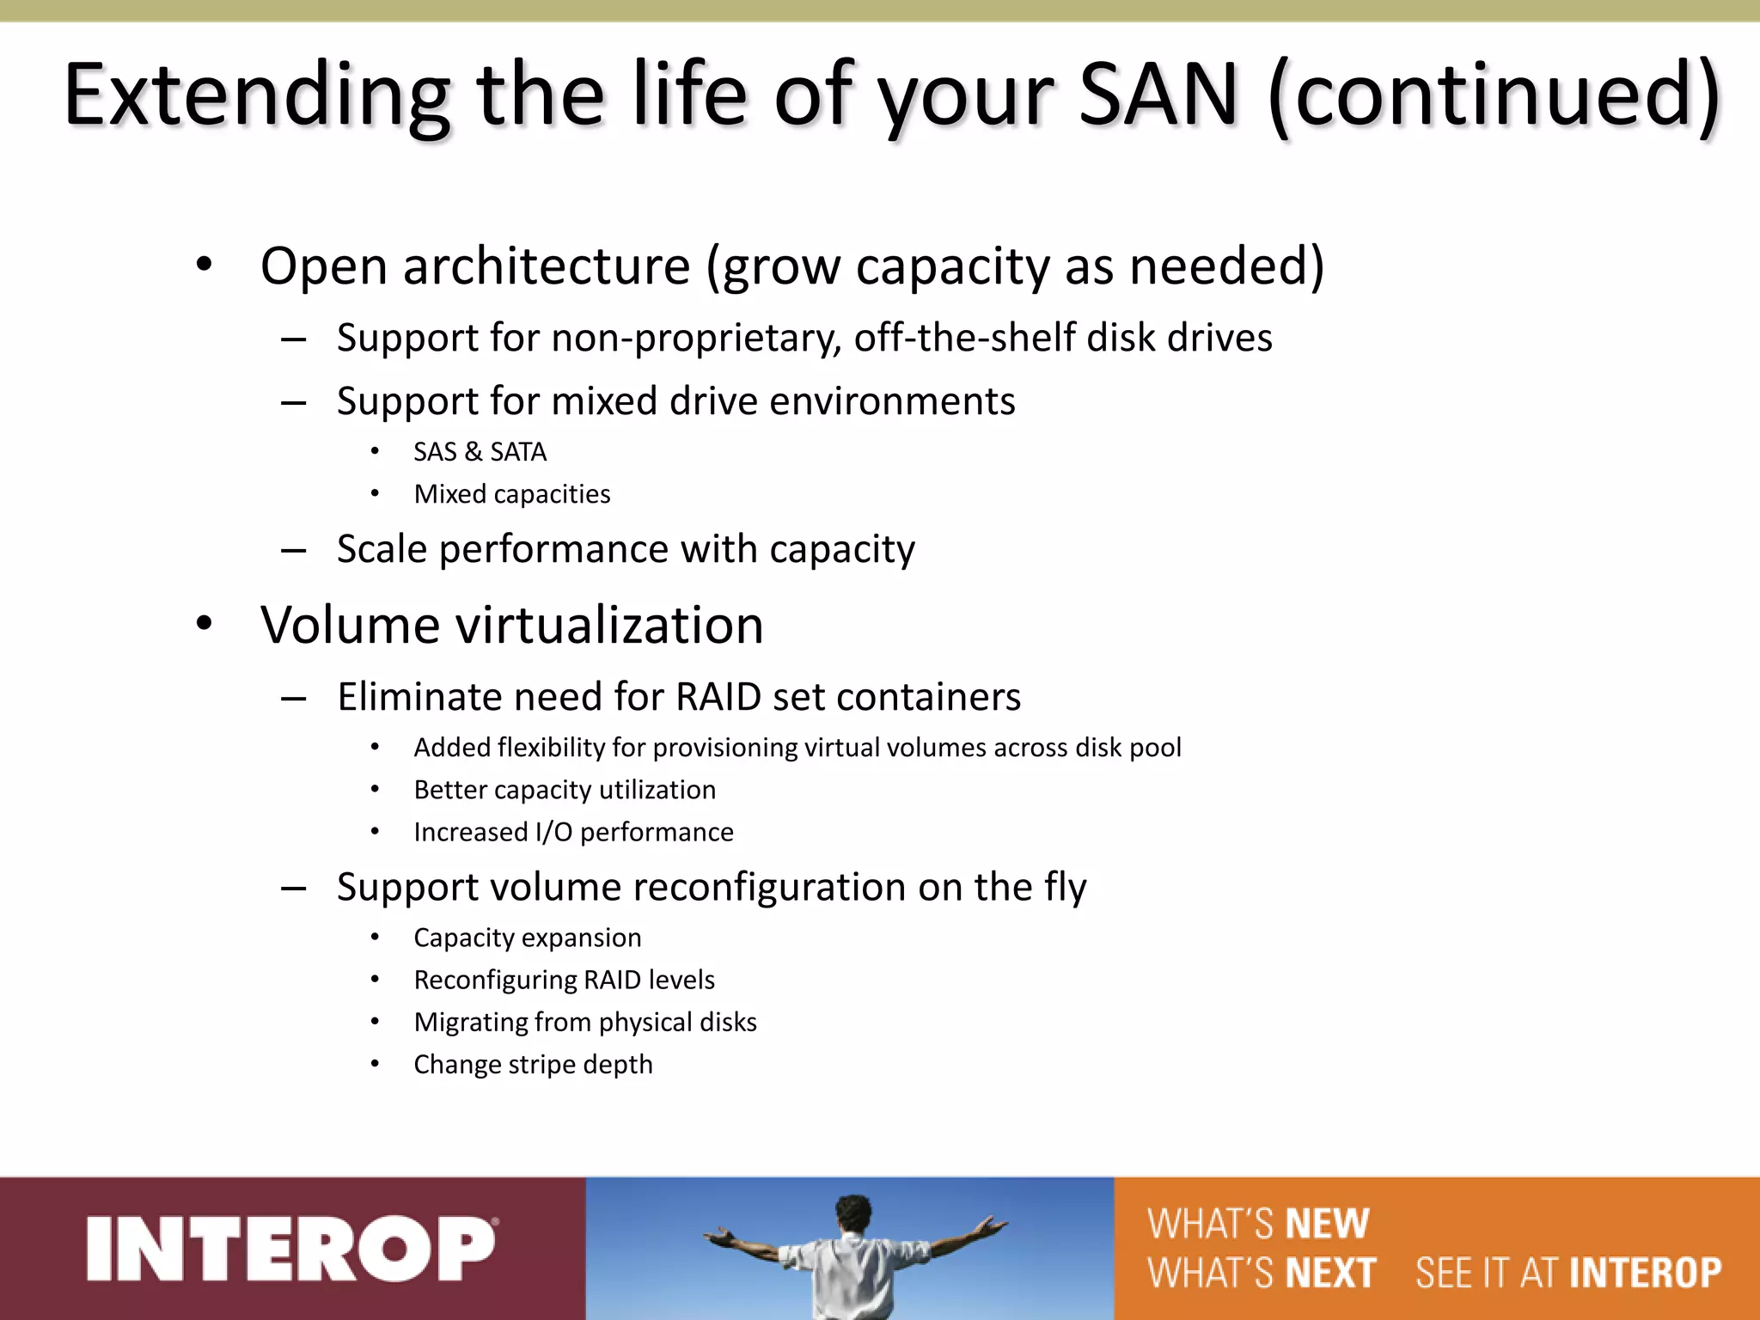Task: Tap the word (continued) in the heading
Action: coord(1494,96)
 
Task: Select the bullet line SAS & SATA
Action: coord(480,452)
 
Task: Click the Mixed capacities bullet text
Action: coord(512,494)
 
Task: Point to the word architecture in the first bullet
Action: coord(547,266)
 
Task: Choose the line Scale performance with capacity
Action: coord(626,549)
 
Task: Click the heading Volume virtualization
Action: coord(512,625)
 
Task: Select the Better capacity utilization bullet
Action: coord(565,790)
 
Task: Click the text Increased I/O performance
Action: coord(573,832)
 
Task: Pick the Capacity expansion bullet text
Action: coord(528,938)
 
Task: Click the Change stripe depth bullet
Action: coord(533,1065)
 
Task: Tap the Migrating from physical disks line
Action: coord(585,1023)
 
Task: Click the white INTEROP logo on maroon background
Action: coord(290,1249)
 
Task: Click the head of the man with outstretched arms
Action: coord(853,1214)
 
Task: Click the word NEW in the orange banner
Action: coord(1327,1224)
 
